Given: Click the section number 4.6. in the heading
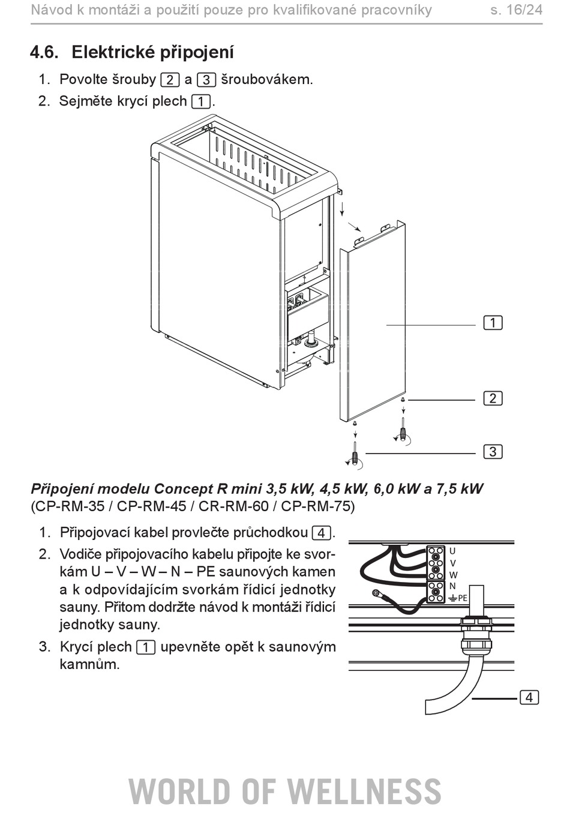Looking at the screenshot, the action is [44, 52].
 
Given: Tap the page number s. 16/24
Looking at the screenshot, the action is [517, 10].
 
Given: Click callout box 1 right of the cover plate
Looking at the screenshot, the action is [493, 323].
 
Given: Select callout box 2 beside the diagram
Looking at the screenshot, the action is [493, 398].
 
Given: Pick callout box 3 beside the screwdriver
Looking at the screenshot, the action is [493, 452].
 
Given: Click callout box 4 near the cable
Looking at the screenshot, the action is [529, 697].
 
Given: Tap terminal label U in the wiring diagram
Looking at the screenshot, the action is [452, 551].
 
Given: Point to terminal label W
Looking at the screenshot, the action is [453, 575].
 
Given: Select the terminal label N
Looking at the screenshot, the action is [452, 586].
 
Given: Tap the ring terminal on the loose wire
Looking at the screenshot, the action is [377, 593].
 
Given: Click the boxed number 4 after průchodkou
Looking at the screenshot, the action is [321, 533].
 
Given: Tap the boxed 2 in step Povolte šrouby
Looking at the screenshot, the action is [170, 80].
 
